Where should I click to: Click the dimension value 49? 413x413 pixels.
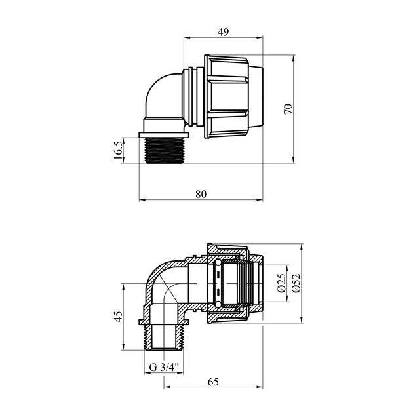coord(224,31)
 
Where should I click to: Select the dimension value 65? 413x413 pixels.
coord(213,381)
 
